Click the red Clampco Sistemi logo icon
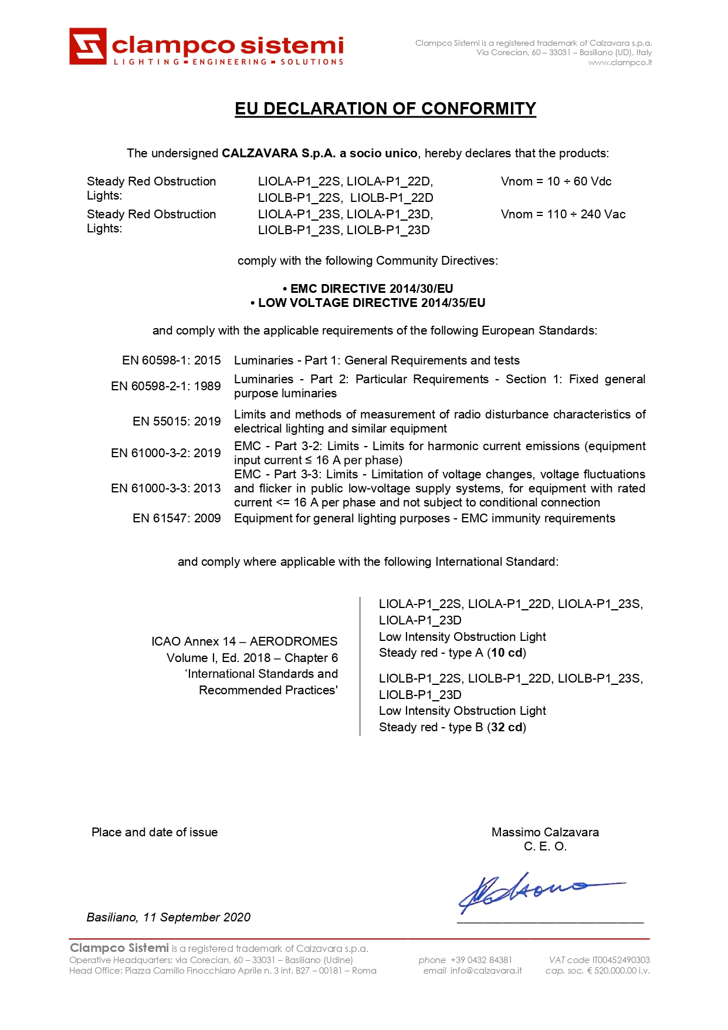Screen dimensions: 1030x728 (x=88, y=46)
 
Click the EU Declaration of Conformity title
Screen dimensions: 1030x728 (x=385, y=109)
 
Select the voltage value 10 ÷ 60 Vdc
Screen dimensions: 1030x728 (x=556, y=181)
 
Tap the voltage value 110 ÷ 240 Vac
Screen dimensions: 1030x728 (x=563, y=214)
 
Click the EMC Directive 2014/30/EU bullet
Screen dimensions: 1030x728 (x=368, y=289)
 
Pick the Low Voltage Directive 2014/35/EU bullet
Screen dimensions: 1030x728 (x=368, y=303)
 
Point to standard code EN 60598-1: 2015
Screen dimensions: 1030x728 (x=171, y=360)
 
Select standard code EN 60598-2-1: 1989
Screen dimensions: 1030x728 (x=166, y=386)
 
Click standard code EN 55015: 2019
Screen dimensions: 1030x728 (x=177, y=421)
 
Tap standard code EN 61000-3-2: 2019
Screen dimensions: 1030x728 (x=166, y=453)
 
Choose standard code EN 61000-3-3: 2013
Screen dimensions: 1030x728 (x=166, y=488)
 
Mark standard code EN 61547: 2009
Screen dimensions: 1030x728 (x=177, y=518)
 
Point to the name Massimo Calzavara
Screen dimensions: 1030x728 (x=545, y=832)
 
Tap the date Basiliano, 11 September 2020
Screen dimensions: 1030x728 (x=168, y=917)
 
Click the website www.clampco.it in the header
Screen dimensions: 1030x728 (x=620, y=63)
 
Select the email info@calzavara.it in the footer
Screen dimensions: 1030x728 (x=486, y=971)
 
